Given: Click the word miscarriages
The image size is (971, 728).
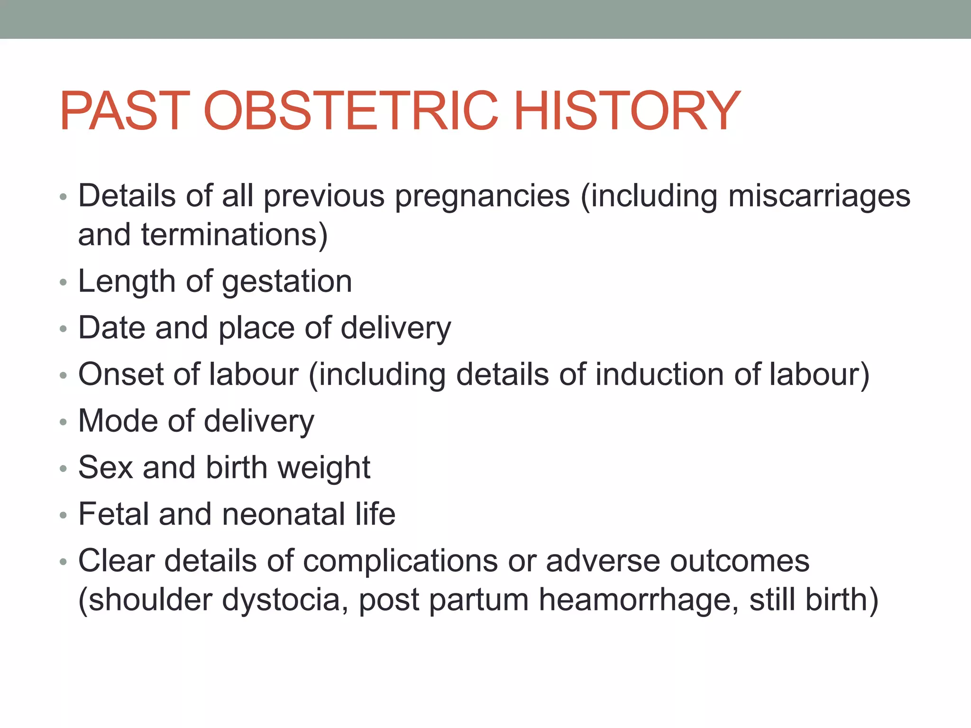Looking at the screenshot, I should [819, 196].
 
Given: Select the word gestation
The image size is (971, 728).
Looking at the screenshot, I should [287, 282].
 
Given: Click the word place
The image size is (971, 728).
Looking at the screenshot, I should [256, 328].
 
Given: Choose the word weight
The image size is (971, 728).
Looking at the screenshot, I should [324, 468].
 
